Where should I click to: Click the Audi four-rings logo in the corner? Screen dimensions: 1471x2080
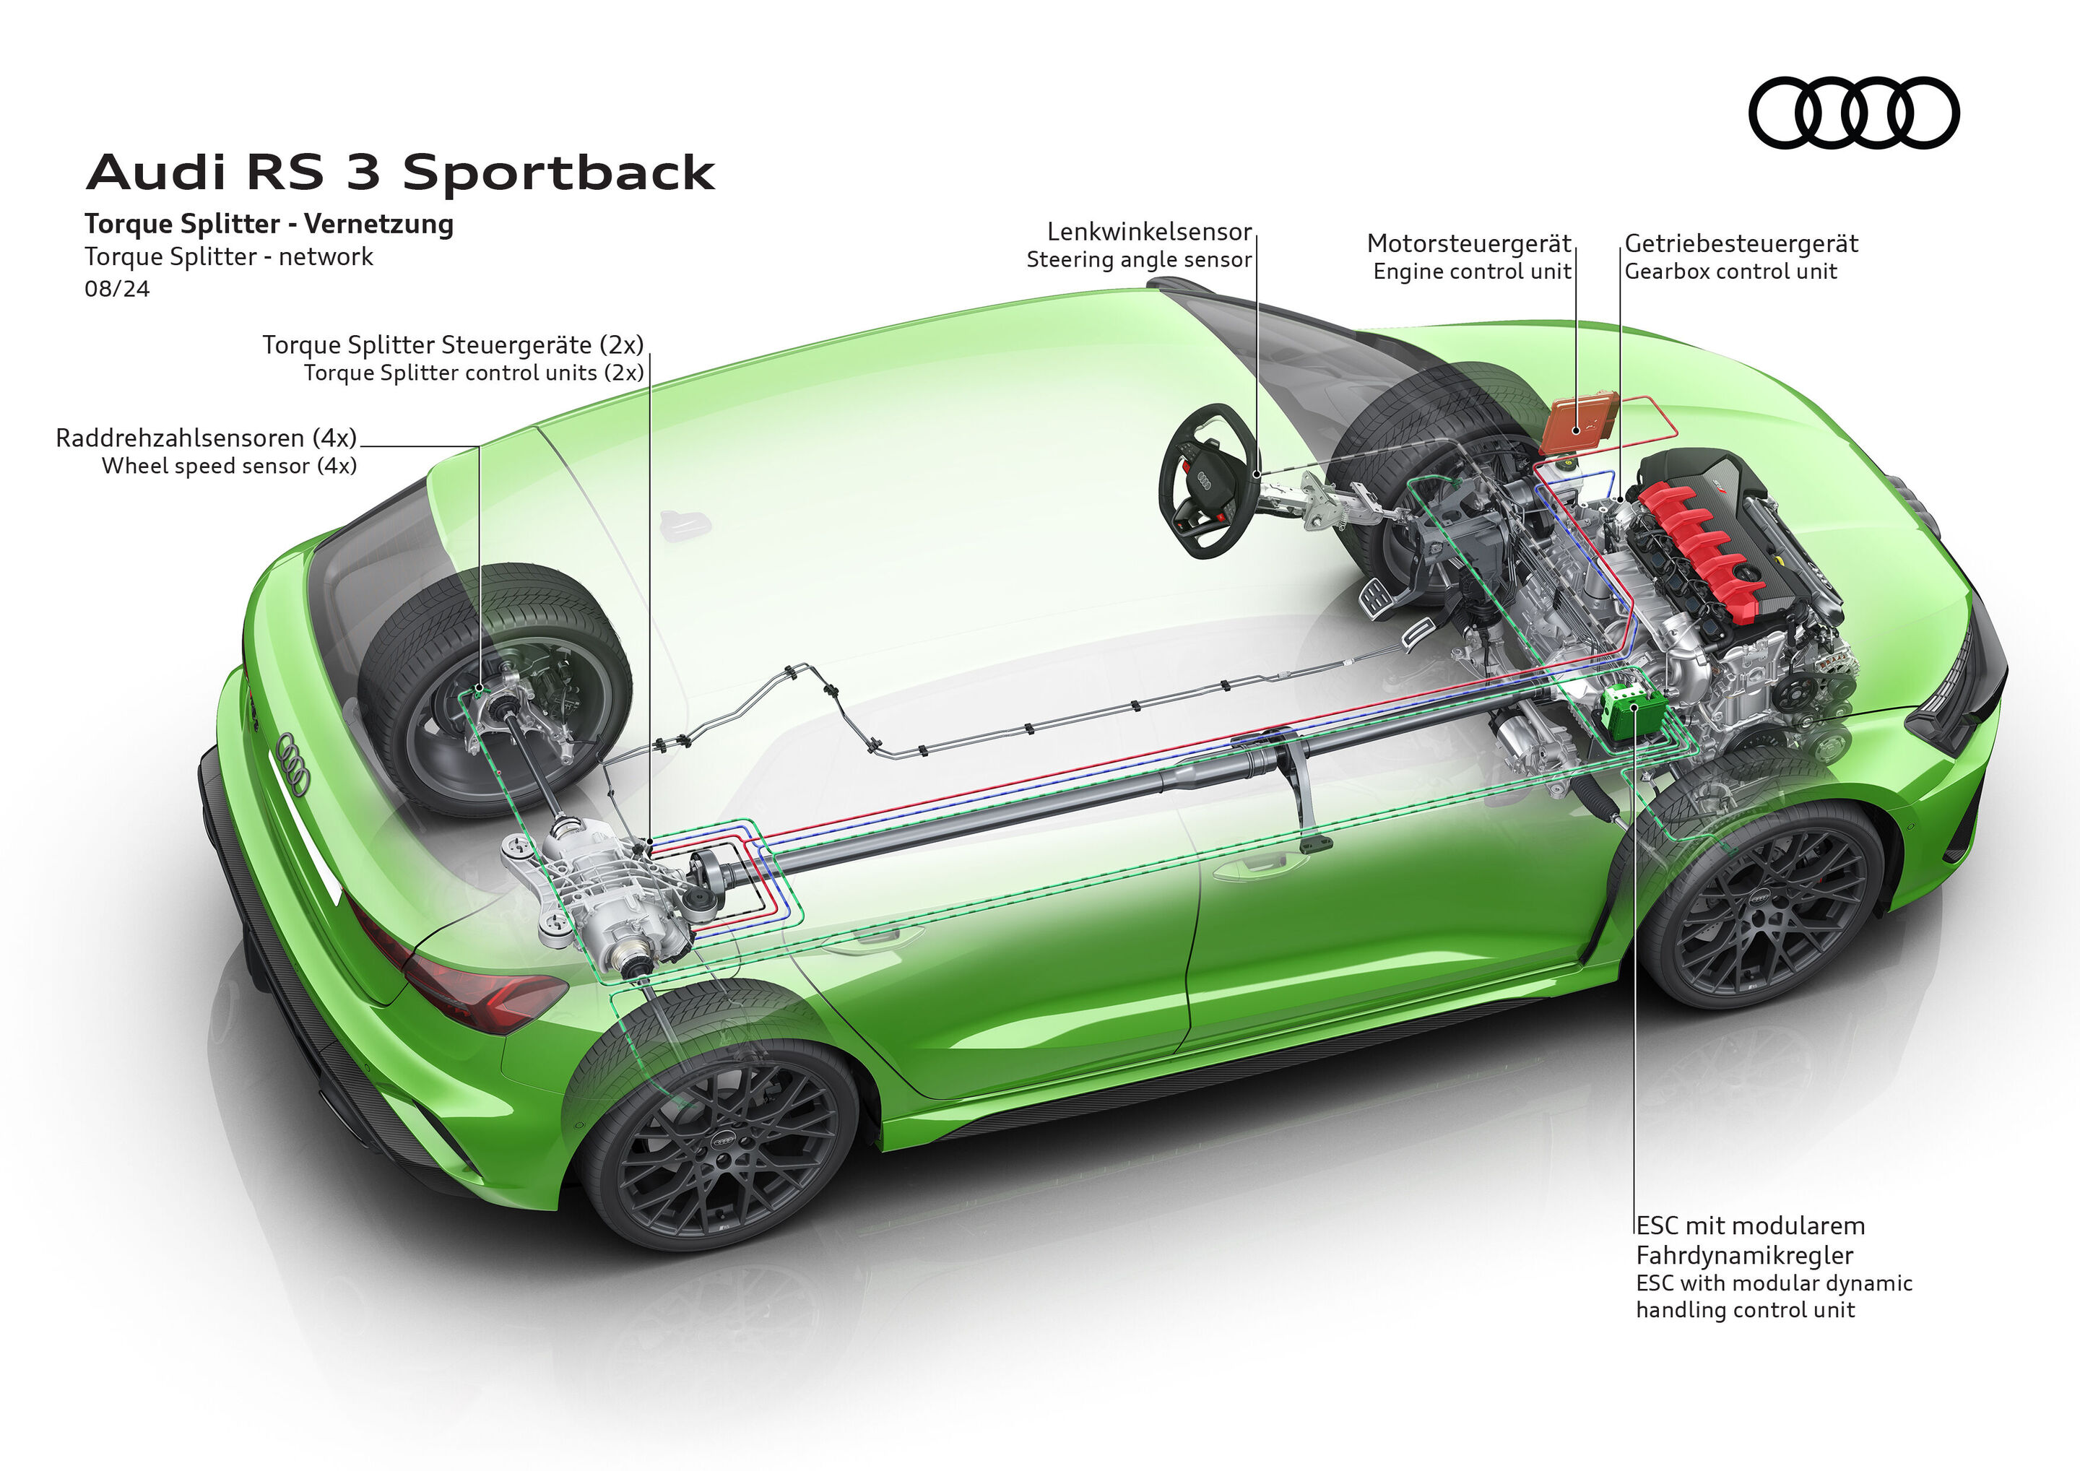1853,113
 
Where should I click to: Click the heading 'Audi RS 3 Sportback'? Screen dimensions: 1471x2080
400,172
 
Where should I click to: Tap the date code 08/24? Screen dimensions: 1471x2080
117,289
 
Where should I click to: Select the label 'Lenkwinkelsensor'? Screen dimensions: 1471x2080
1149,232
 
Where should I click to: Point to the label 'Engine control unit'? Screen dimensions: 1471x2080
1471,272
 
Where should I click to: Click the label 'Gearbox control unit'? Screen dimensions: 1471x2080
1730,272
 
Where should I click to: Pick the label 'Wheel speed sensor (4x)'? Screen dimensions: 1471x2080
229,467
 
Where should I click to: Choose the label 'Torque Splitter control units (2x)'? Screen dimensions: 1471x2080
474,373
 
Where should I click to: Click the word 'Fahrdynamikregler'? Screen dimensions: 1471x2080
1744,1255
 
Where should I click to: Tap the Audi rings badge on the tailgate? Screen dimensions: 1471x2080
293,763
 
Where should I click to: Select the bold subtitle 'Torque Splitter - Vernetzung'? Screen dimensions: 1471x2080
269,224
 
